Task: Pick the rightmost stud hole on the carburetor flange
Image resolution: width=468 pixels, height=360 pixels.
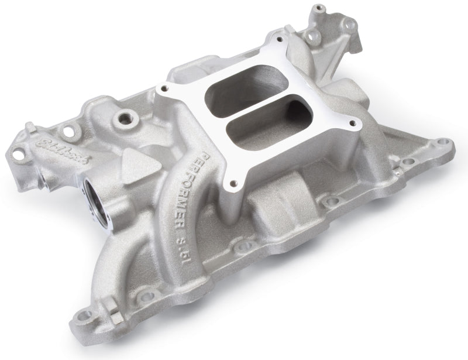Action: pyautogui.click(x=352, y=122)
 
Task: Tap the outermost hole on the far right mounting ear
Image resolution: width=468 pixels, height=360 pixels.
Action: pyautogui.click(x=446, y=142)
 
